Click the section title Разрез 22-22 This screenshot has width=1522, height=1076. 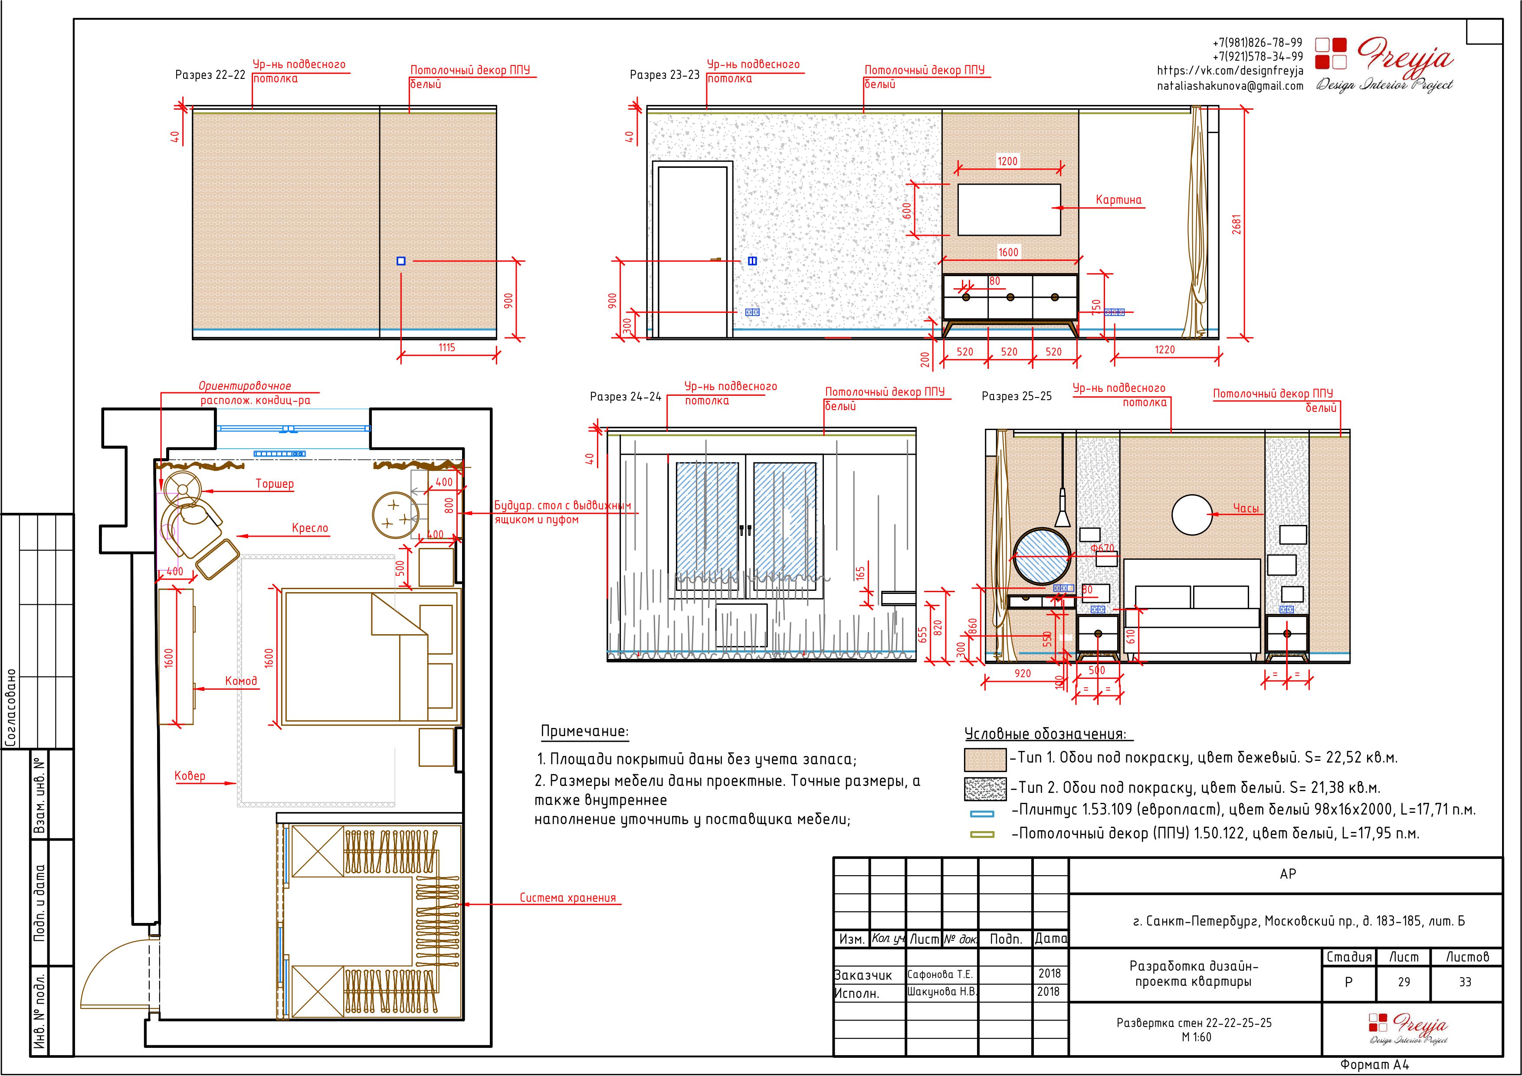click(x=210, y=75)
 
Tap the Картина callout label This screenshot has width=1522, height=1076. click(x=1119, y=199)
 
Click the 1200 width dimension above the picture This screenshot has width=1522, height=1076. click(x=1007, y=161)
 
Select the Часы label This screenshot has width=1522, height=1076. click(x=1246, y=508)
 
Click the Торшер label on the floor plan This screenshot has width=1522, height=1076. click(x=275, y=484)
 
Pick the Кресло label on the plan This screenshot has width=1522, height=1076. click(x=310, y=528)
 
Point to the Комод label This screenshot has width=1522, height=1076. click(x=241, y=681)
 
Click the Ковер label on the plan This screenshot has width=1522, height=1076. click(x=190, y=776)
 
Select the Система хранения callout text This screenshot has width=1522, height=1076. click(x=568, y=898)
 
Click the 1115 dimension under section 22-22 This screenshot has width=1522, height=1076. click(x=447, y=347)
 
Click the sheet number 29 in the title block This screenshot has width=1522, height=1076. click(x=1404, y=982)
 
